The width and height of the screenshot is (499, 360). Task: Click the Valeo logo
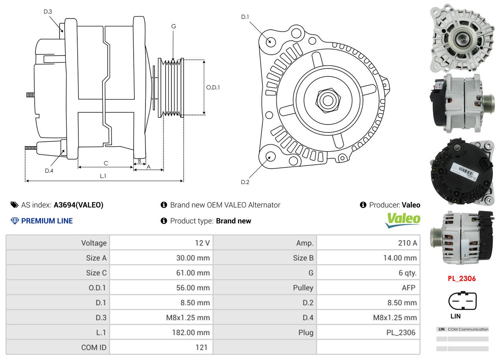(x=402, y=220)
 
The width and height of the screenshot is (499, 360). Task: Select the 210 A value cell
(x=407, y=243)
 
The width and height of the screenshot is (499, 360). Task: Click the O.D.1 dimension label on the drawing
(x=213, y=87)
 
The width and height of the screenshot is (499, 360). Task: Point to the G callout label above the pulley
(x=173, y=26)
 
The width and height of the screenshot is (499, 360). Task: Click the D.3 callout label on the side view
(x=48, y=11)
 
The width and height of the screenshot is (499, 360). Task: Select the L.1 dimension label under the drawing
(x=103, y=176)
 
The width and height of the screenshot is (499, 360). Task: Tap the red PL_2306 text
(x=462, y=278)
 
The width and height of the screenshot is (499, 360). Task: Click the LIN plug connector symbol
(x=462, y=301)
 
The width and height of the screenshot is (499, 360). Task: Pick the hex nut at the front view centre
(x=327, y=100)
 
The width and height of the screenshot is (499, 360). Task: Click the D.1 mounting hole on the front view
(x=270, y=41)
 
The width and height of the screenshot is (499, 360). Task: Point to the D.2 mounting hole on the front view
(x=270, y=156)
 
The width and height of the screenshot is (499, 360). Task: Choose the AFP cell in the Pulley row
(x=408, y=288)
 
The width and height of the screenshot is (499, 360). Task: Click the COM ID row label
(x=94, y=347)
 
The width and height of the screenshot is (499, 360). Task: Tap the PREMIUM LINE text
(x=47, y=221)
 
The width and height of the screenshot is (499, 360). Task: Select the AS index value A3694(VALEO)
(x=78, y=205)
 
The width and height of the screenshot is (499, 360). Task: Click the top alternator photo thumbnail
(x=461, y=38)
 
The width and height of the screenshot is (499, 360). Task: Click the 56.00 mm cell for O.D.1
(x=193, y=288)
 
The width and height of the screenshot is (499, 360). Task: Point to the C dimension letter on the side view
(x=106, y=163)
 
